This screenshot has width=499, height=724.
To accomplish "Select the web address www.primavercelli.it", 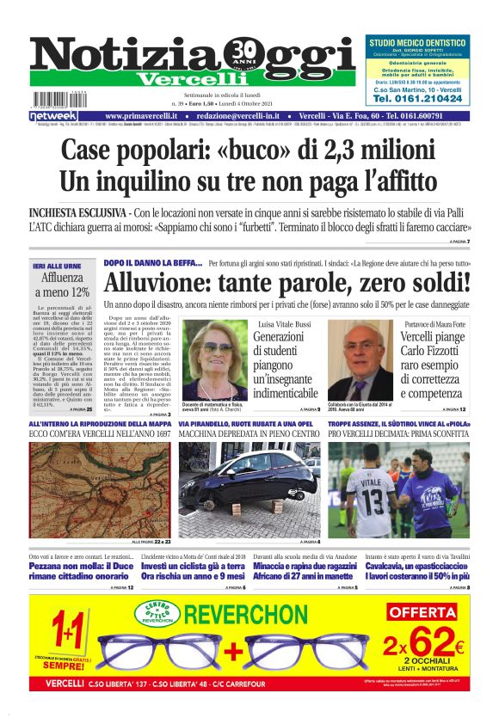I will coord(142,116).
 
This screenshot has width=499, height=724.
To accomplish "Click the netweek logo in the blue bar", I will coord(53,116).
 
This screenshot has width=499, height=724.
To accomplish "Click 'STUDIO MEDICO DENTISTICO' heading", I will coord(418,42).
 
